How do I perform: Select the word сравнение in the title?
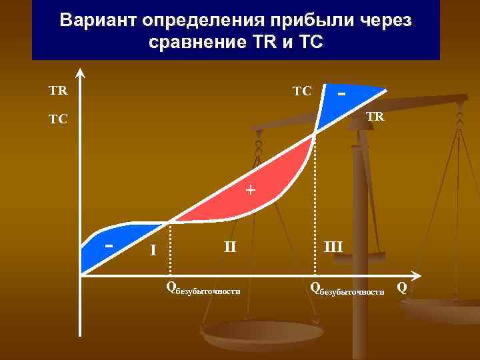coord(200,43)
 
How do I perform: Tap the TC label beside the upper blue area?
coord(302,90)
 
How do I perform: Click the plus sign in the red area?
coord(250,190)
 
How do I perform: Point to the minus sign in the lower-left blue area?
coord(109,244)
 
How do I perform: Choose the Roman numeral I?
coord(153,251)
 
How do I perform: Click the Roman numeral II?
coord(231,247)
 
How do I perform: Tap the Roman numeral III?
coord(333,247)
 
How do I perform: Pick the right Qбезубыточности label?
coord(347,289)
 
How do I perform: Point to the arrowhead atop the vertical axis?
coord(81,73)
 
